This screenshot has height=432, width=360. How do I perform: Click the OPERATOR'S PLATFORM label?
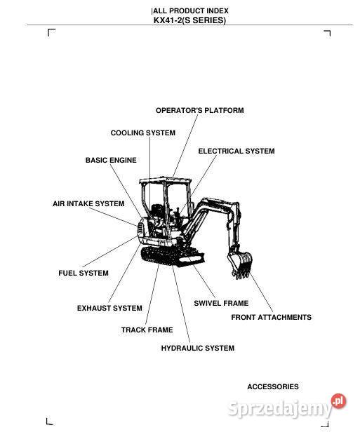pyautogui.click(x=199, y=111)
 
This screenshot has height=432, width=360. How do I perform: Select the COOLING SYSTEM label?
pyautogui.click(x=143, y=133)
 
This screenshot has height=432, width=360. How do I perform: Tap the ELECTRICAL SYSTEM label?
pyautogui.click(x=236, y=151)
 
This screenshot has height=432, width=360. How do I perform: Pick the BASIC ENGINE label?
pyautogui.click(x=111, y=161)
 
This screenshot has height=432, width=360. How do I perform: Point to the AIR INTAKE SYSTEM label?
pyautogui.click(x=88, y=204)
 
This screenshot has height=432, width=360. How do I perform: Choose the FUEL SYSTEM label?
pyautogui.click(x=84, y=274)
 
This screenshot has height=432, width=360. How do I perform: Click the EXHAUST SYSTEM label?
pyautogui.click(x=109, y=309)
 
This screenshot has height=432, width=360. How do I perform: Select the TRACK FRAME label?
pyautogui.click(x=147, y=330)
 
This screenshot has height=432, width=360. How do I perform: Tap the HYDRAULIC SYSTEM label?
pyautogui.click(x=198, y=349)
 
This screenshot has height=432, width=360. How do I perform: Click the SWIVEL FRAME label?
pyautogui.click(x=221, y=304)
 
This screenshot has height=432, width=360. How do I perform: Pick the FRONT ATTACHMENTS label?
pyautogui.click(x=271, y=318)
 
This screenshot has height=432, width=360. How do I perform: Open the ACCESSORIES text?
pyautogui.click(x=272, y=387)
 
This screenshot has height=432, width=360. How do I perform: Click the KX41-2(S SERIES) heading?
pyautogui.click(x=189, y=20)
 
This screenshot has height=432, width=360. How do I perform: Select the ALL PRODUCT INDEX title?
pyautogui.click(x=190, y=11)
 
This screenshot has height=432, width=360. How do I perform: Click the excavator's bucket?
pyautogui.click(x=241, y=265)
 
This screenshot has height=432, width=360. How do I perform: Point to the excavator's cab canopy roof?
pyautogui.click(x=166, y=180)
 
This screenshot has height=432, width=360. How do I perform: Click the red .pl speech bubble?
pyautogui.click(x=339, y=401)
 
